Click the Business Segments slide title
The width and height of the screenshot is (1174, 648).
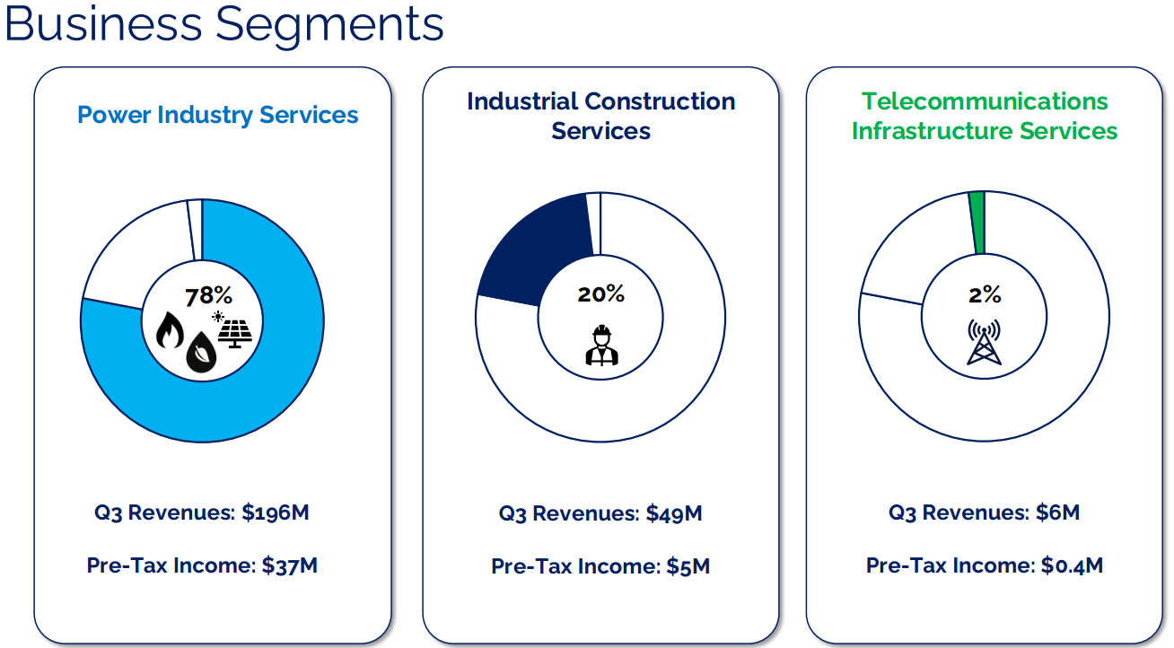pyautogui.click(x=223, y=24)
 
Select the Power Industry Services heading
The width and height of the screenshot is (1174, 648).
pyautogui.click(x=217, y=115)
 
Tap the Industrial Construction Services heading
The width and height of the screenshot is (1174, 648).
pyautogui.click(x=600, y=116)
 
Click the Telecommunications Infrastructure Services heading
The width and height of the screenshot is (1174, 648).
pyautogui.click(x=984, y=116)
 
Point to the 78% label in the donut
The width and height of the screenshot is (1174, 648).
pyautogui.click(x=208, y=296)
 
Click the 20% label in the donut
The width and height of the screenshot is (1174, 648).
pyautogui.click(x=600, y=294)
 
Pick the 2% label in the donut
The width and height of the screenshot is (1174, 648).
pyautogui.click(x=984, y=294)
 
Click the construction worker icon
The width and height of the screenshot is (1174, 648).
pyautogui.click(x=600, y=345)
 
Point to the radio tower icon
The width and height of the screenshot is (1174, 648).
pyautogui.click(x=984, y=343)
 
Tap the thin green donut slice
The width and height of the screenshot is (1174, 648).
pyautogui.click(x=977, y=223)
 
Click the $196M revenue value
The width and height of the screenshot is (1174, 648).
pyautogui.click(x=276, y=512)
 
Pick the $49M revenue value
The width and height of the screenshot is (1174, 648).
pyautogui.click(x=673, y=514)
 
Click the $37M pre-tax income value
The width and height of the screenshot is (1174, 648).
pyautogui.click(x=290, y=565)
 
